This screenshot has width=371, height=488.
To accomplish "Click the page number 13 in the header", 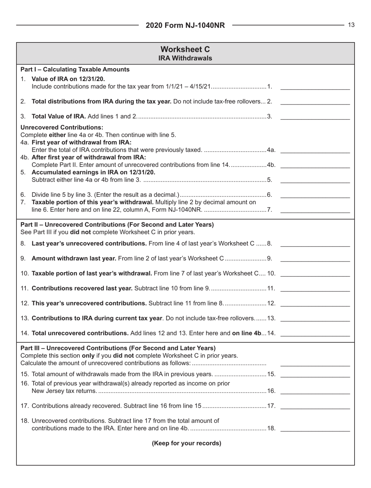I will [x=351, y=25].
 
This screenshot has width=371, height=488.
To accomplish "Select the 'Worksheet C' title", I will [x=185, y=50].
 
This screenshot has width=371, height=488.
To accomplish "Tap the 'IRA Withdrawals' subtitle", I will [x=185, y=58].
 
